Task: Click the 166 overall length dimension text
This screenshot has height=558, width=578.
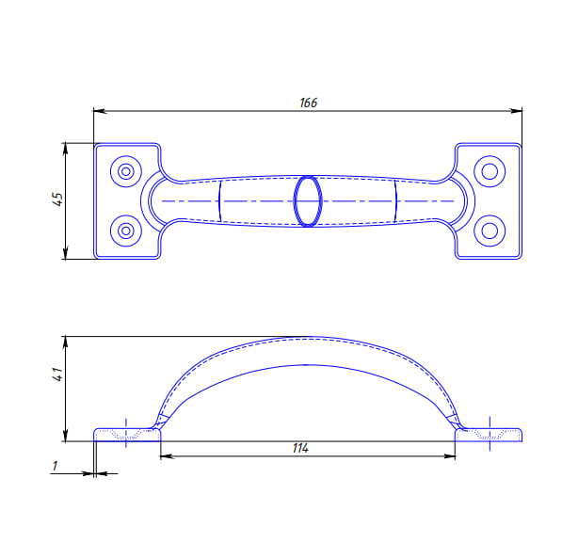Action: [308, 103]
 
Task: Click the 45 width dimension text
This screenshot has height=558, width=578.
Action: [57, 199]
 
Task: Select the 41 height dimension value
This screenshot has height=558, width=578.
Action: [57, 375]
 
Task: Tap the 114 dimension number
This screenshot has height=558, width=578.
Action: [300, 448]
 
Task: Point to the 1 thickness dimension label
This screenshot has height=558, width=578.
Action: [55, 466]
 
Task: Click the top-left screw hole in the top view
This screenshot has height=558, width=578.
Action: [126, 171]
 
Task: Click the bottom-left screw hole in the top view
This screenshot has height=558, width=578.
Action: [126, 231]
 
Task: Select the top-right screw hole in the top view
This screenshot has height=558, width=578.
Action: [490, 171]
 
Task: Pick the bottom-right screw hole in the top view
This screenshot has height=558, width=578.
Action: [490, 231]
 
